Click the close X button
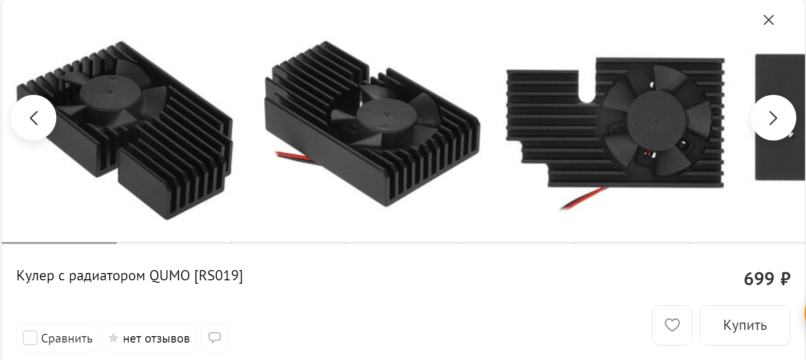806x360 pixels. tap(769, 20)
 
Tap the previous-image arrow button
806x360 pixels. tap(34, 118)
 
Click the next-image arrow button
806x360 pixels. tap(773, 118)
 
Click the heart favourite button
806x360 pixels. tap(672, 325)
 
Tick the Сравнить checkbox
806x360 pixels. tap(30, 338)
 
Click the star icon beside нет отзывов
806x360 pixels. tap(113, 338)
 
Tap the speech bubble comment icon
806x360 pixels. tap(214, 338)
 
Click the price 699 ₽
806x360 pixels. tap(767, 279)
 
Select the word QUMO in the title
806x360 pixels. tap(170, 276)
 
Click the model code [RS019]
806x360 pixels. tap(219, 276)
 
